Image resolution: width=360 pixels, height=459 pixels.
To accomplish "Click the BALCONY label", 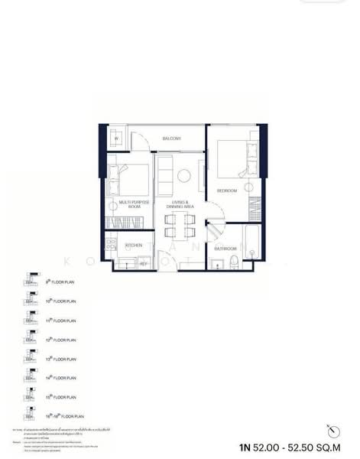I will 171,138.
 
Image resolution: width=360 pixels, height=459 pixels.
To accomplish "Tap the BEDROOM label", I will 227,190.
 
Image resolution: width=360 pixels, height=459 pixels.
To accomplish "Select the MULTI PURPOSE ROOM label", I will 130,204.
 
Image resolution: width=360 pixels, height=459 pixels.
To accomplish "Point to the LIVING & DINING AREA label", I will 181,204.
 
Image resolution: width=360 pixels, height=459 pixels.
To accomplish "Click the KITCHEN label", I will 134,246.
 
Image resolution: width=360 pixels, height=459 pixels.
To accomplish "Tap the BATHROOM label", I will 225,249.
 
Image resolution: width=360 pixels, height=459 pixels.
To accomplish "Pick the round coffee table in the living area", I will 184,177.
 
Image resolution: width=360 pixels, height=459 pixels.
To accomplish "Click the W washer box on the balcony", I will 116,138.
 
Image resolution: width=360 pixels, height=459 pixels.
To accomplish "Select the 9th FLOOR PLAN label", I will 60,282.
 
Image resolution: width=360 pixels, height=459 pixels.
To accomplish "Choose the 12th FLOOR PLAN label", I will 60,340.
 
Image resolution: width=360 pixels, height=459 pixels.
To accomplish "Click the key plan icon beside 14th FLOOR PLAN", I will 31,377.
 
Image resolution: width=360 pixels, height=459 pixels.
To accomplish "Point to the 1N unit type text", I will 245,448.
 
